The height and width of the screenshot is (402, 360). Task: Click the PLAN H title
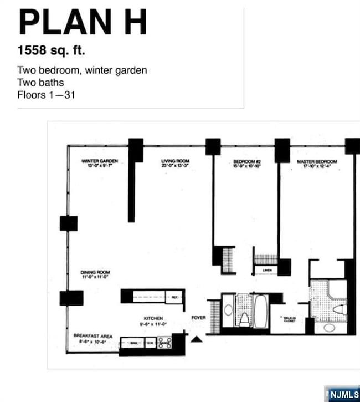(x=83, y=23)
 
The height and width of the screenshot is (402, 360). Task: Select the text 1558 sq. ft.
(x=52, y=51)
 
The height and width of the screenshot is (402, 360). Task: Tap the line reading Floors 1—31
(x=46, y=95)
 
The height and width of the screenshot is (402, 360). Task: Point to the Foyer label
(x=198, y=318)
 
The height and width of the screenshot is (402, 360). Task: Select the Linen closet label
(x=266, y=271)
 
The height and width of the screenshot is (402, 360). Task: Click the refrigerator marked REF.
(x=174, y=297)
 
